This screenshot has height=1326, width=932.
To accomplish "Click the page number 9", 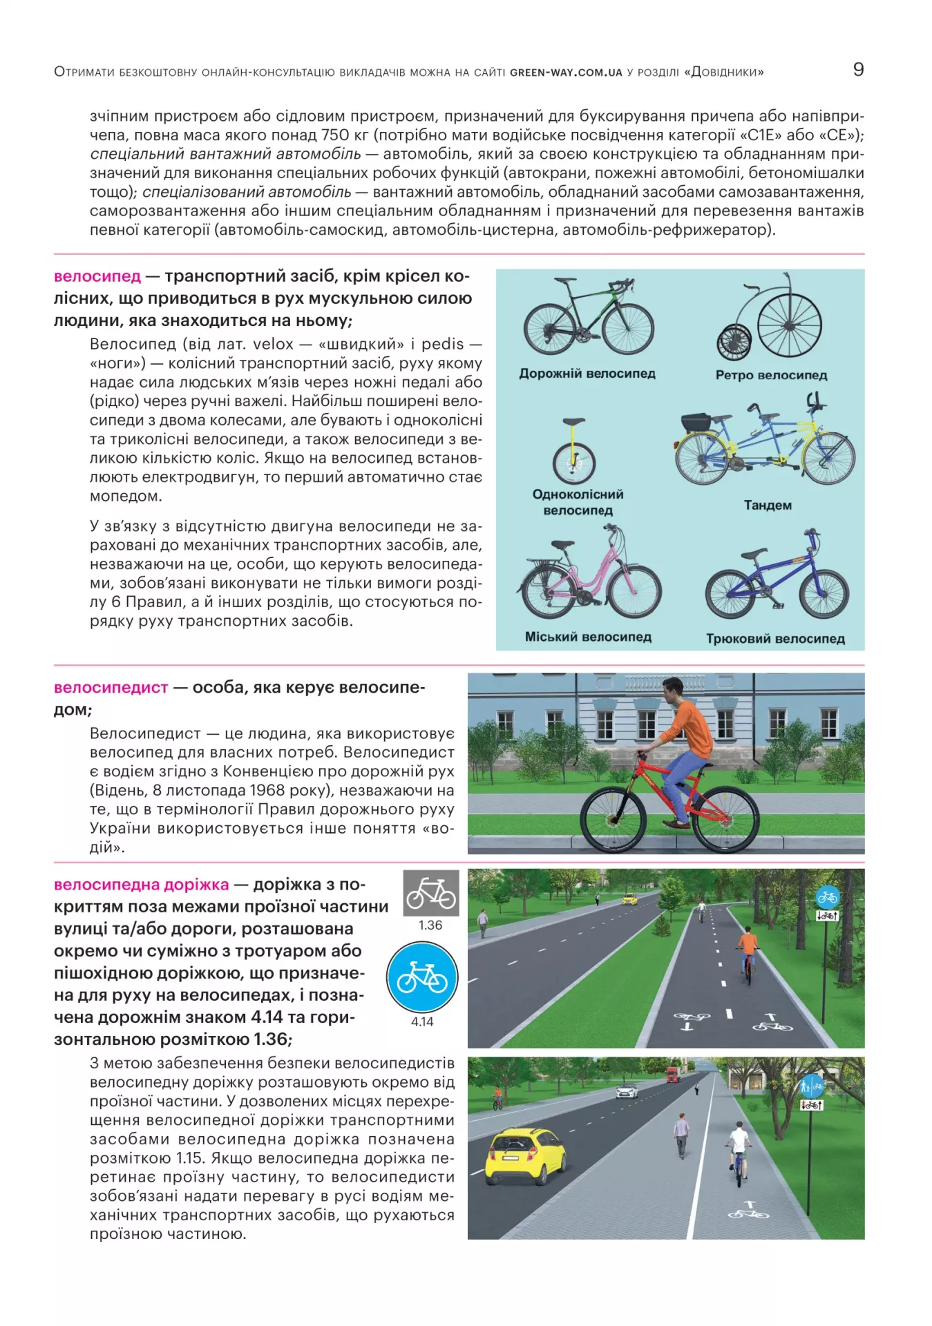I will pyautogui.click(x=858, y=69).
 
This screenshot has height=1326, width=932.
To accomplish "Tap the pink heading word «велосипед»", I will pyautogui.click(x=97, y=276).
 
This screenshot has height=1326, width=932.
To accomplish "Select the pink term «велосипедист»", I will pyautogui.click(x=111, y=687).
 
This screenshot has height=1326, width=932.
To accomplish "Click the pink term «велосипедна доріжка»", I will pyautogui.click(x=141, y=884).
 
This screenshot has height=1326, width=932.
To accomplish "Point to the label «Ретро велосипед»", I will pyautogui.click(x=771, y=375).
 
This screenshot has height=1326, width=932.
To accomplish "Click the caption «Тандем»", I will pyautogui.click(x=768, y=505).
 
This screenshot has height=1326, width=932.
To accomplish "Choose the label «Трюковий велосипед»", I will pyautogui.click(x=775, y=638).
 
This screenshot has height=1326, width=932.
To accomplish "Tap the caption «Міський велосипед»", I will pyautogui.click(x=588, y=636).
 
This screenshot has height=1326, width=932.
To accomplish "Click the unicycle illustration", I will pyautogui.click(x=573, y=452).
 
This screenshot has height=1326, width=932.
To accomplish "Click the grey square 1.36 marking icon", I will pyautogui.click(x=430, y=893).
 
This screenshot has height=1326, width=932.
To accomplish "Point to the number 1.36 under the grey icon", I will pyautogui.click(x=430, y=925).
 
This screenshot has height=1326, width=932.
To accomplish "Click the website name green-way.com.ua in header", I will pyautogui.click(x=566, y=73).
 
